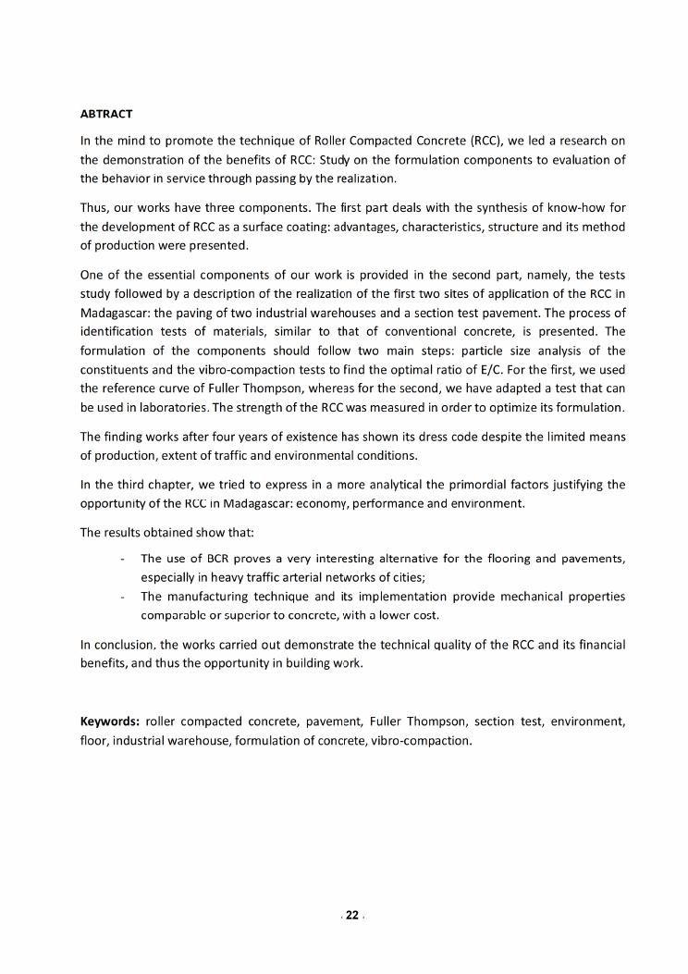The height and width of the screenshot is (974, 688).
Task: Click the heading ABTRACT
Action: click(x=106, y=114)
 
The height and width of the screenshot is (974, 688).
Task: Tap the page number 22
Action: click(x=351, y=916)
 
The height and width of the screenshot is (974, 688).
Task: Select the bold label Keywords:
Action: click(x=110, y=721)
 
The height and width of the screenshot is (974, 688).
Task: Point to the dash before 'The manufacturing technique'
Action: click(x=123, y=597)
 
